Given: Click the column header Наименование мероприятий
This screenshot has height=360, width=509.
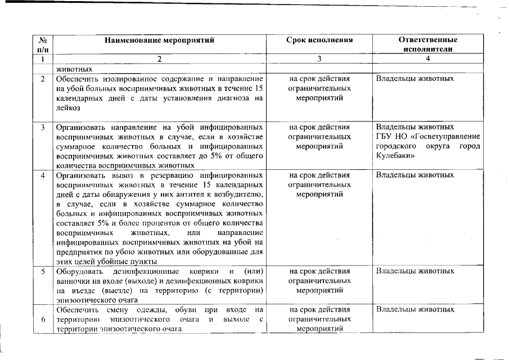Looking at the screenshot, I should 159,40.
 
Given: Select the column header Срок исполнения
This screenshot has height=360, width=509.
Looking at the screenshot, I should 319,40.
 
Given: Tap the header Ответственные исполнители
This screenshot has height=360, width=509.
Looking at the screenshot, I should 427,44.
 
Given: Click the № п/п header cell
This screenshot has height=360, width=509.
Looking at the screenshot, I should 43,44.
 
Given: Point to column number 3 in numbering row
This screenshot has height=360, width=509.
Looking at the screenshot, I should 319,58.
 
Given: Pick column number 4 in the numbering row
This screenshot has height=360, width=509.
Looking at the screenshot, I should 427,58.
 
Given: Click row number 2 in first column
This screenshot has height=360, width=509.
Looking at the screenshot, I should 43,79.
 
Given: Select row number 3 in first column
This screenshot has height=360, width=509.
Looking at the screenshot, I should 43,127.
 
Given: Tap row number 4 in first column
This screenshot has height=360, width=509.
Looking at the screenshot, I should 43,175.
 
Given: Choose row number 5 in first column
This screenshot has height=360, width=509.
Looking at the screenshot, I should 43,271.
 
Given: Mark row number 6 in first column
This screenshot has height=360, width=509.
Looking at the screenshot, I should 43,319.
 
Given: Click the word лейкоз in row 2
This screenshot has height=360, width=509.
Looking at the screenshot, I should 66,107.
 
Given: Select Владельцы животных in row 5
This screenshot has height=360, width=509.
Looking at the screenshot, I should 415,271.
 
